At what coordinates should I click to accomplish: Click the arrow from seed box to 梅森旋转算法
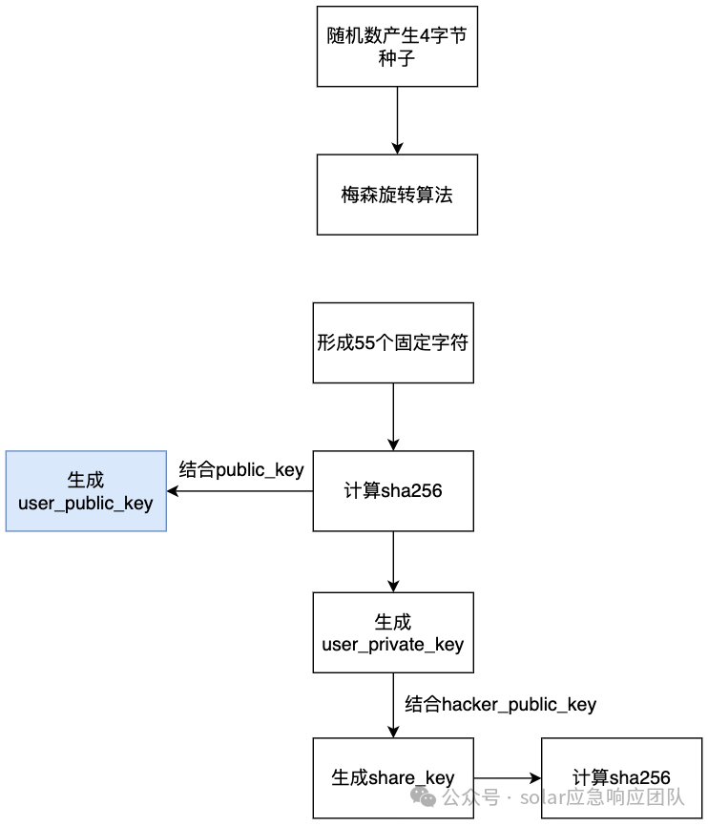click(x=398, y=120)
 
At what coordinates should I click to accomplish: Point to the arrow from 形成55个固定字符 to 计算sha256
click(x=393, y=417)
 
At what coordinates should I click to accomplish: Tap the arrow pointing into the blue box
click(x=239, y=491)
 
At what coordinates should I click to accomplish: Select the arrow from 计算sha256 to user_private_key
click(x=393, y=562)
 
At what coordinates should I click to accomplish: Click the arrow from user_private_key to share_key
click(x=393, y=706)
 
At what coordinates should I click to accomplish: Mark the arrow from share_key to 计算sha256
click(x=508, y=778)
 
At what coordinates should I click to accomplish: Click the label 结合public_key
click(x=241, y=469)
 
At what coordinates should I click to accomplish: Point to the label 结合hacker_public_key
click(x=500, y=704)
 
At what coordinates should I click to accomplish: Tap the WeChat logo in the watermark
click(x=424, y=796)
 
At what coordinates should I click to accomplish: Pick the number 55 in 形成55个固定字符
click(x=364, y=343)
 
